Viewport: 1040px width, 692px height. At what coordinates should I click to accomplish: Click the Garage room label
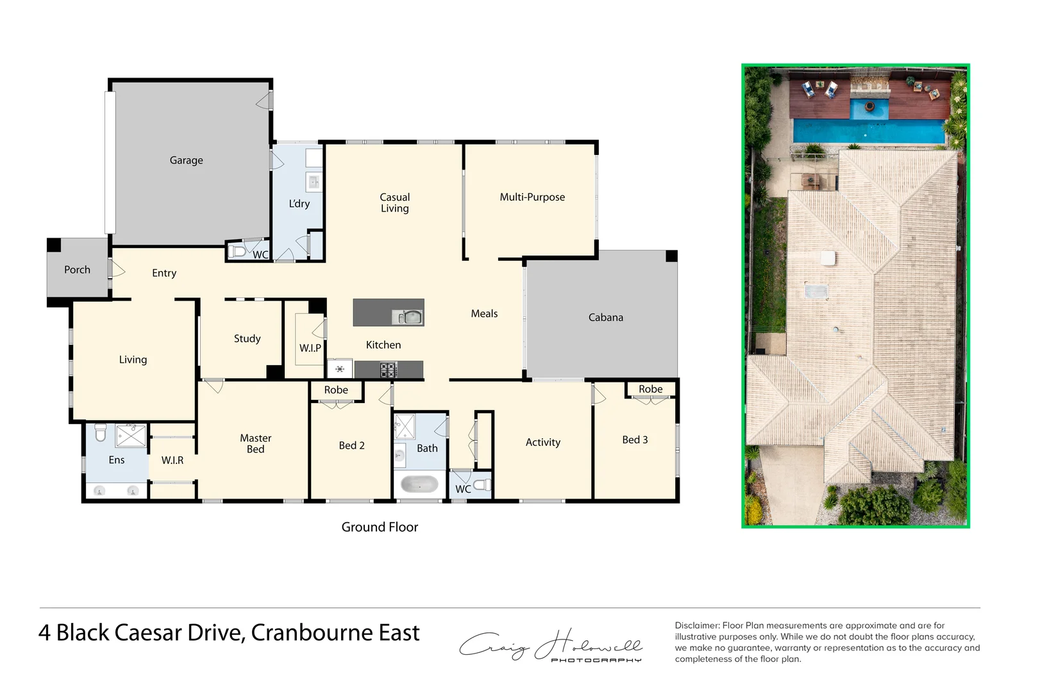pos(186,160)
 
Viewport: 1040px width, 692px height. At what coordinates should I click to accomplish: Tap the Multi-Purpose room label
pos(532,197)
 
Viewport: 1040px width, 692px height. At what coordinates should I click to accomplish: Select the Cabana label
pos(605,317)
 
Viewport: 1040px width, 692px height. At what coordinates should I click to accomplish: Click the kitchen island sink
pos(409,317)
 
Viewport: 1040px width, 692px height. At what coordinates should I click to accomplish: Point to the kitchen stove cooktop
pos(389,370)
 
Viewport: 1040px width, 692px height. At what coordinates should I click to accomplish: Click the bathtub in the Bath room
pos(419,484)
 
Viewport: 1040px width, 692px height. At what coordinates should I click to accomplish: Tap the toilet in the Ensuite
pos(101,432)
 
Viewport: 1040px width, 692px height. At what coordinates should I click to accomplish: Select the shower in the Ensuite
pos(131,436)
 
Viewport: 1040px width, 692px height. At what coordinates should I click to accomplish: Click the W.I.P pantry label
pos(310,348)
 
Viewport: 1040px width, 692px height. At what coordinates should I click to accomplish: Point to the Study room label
pos(247,338)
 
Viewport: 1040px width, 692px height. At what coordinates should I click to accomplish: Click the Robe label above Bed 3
pos(650,389)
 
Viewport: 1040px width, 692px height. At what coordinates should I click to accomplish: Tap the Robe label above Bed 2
pos(336,390)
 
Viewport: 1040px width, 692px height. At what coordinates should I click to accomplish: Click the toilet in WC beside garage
pos(237,251)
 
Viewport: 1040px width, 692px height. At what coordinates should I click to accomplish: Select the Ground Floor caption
pos(380,527)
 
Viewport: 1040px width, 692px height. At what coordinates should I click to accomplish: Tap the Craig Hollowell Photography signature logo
pos(550,646)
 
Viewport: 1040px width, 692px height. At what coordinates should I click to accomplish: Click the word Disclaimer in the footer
pos(697,625)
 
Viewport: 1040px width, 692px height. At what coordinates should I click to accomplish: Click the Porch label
pos(77,270)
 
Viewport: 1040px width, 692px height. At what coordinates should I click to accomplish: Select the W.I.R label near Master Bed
pos(172,460)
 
